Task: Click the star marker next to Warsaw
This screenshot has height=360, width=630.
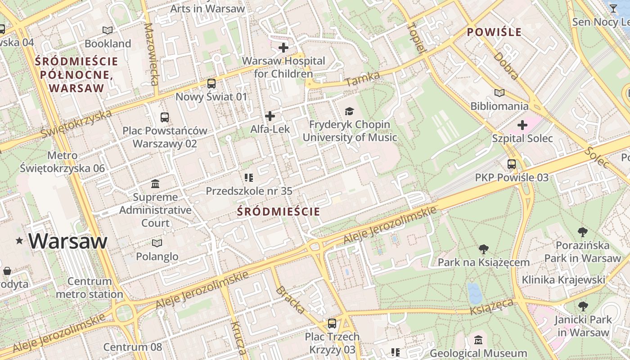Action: point(19,241)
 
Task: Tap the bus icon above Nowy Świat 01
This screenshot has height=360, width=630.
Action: point(211,84)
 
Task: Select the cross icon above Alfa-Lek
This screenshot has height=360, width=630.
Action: point(270,116)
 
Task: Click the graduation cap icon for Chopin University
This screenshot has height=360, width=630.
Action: point(349,111)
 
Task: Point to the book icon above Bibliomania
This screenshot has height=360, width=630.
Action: point(499,93)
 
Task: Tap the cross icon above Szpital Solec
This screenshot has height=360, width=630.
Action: point(522,125)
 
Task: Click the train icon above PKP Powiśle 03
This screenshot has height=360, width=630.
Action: point(512,164)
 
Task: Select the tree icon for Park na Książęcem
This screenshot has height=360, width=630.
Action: point(483,249)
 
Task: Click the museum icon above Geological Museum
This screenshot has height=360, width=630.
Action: point(478,340)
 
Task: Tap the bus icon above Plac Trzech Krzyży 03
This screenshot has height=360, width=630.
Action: point(332,323)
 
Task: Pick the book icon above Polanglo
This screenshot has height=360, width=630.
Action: point(157,243)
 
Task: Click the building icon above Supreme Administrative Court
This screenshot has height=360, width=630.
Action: point(155,184)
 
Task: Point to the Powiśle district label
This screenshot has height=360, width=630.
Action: point(494,32)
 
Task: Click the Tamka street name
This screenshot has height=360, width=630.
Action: point(363,79)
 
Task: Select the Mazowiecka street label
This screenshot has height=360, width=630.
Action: point(151,54)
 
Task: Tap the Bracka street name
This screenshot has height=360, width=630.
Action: point(290,299)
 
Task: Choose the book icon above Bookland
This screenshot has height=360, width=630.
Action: point(107,31)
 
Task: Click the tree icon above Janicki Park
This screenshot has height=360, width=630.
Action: point(583,306)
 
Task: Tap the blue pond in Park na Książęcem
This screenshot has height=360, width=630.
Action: point(474,293)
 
